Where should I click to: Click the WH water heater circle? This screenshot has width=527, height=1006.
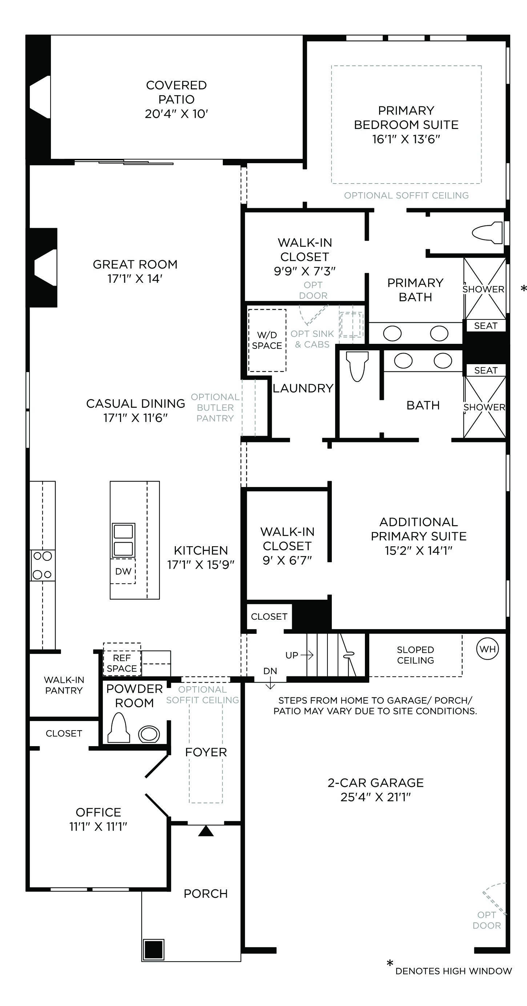pos(487,649)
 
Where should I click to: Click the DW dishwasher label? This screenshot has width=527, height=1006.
pos(123,571)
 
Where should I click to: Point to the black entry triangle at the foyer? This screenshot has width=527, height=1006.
pos(206,831)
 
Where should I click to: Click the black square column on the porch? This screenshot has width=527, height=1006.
pos(153,949)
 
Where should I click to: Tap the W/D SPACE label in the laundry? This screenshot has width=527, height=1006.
pos(267,340)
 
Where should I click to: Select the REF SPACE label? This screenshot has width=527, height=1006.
pos(121,664)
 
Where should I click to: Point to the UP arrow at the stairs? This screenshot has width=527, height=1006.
pos(307,655)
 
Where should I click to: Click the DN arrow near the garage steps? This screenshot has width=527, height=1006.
pos(270,685)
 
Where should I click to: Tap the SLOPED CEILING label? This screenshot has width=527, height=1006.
pos(415,655)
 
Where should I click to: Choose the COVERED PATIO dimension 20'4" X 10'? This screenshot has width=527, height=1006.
pos(176,114)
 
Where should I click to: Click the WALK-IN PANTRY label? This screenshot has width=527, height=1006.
pos(64,685)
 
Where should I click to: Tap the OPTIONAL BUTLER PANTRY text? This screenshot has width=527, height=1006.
pos(215,407)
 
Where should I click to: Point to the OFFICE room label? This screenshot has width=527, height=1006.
pos(98,812)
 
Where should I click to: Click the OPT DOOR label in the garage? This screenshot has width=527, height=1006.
pos(487,920)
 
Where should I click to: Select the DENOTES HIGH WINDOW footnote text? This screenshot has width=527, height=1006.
pos(454,971)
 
